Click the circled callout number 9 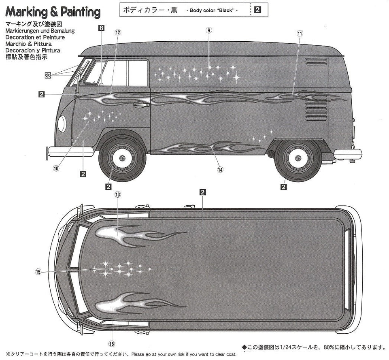point(209,31)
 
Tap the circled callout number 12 point(118,32)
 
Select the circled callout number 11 point(300,34)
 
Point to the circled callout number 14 point(220,170)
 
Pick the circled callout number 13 point(118,195)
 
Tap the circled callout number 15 point(38,272)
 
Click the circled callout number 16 point(112,344)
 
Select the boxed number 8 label point(101,28)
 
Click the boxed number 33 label point(48,75)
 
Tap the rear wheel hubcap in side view point(298,158)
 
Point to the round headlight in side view point(62,124)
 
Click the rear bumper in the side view point(347,154)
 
